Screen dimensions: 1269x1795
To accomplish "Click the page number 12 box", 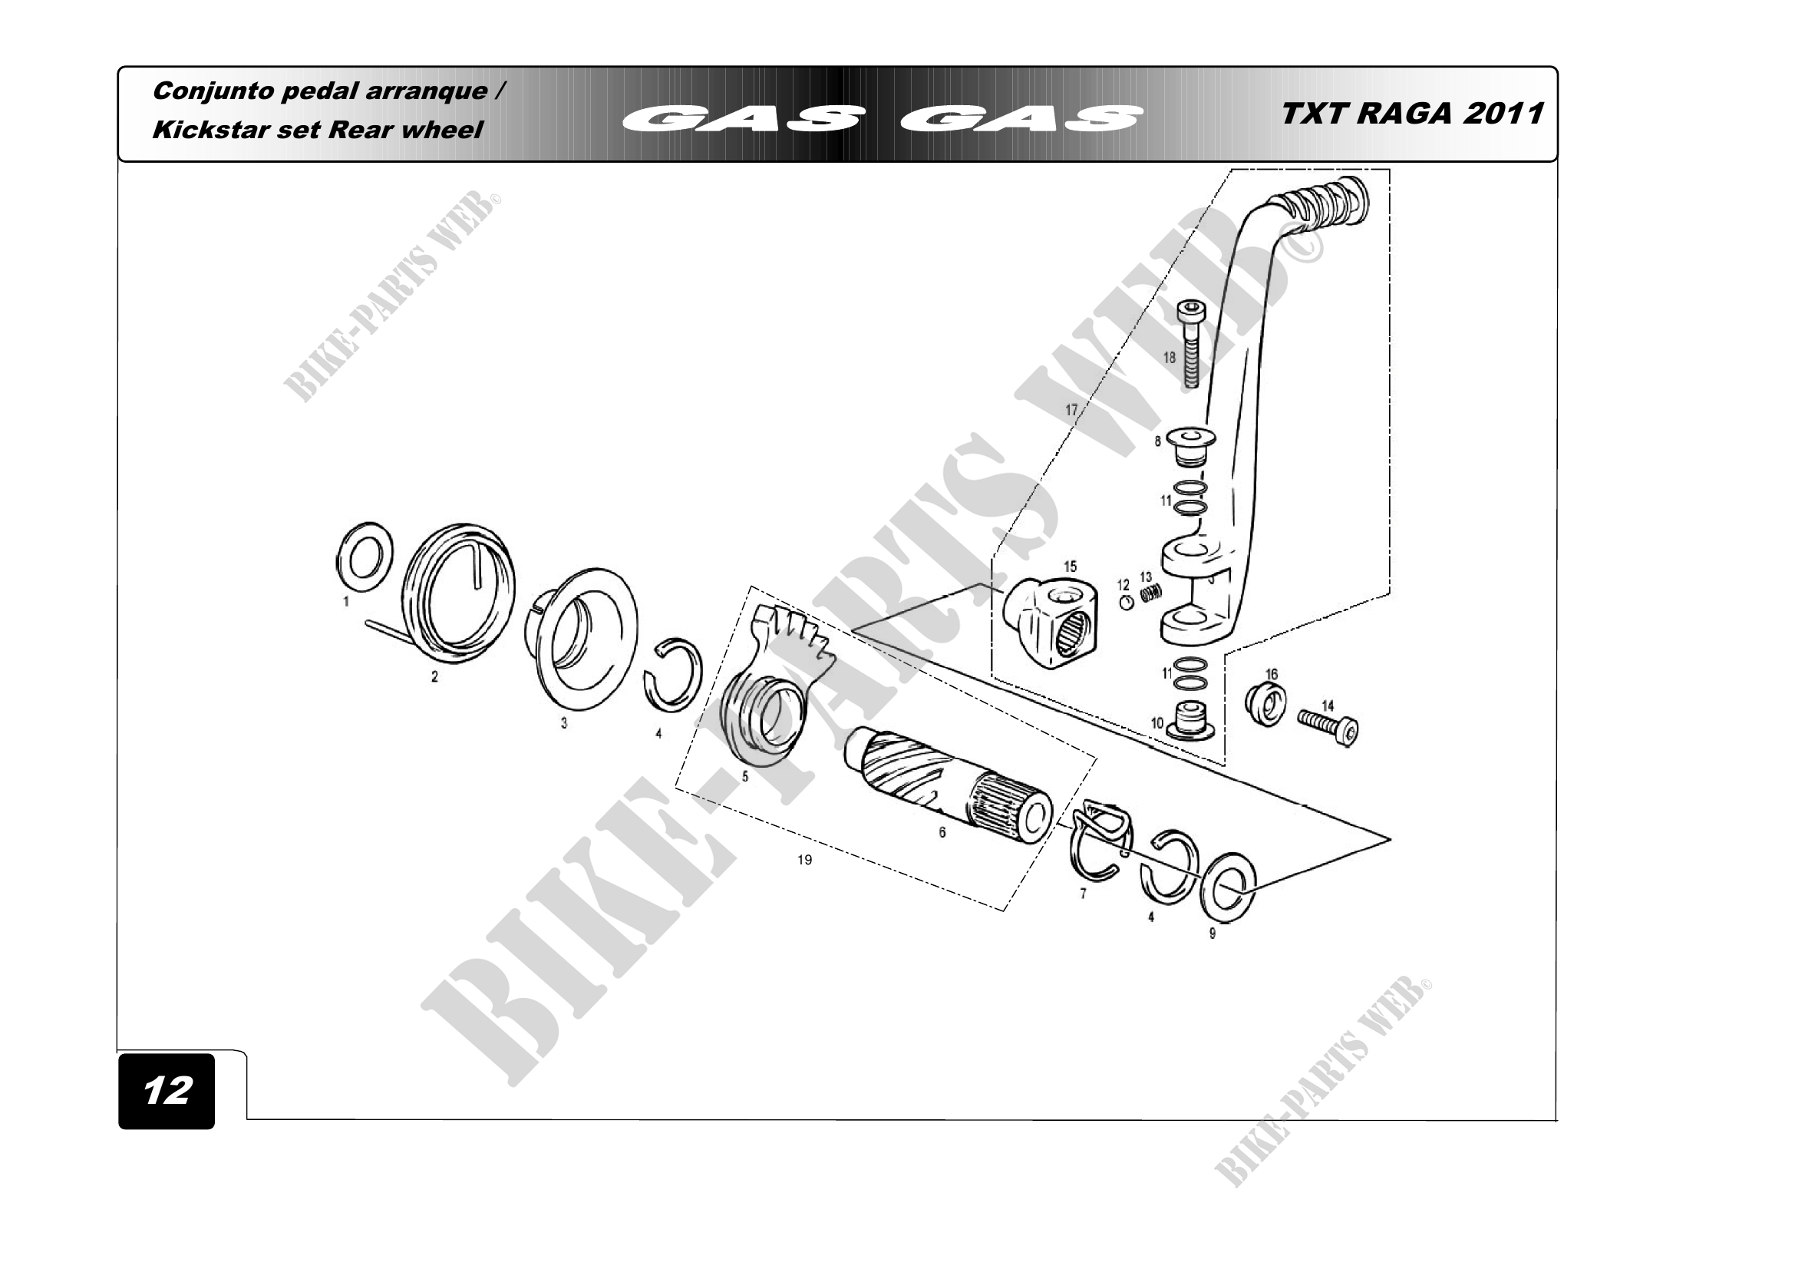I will pyautogui.click(x=167, y=1091).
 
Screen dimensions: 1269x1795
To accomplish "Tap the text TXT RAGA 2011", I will pyautogui.click(x=1412, y=114).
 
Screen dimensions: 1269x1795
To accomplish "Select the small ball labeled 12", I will pyautogui.click(x=1125, y=603).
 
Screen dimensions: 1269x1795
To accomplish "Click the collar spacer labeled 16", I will pyautogui.click(x=1265, y=704).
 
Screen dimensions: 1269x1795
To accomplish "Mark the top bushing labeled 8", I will pyautogui.click(x=1191, y=444).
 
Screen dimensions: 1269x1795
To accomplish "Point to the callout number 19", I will pyautogui.click(x=804, y=860).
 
